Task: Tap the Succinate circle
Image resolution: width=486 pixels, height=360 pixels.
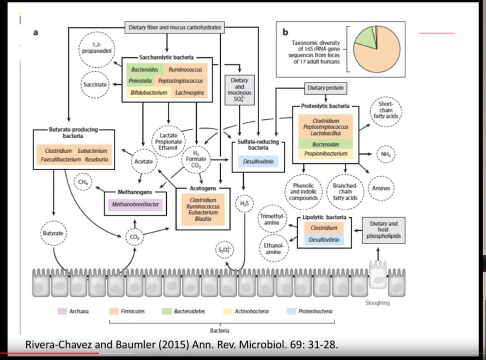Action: point(95,84)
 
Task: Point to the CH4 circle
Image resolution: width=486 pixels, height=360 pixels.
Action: point(83,182)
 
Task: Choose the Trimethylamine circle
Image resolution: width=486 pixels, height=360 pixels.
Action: point(272,218)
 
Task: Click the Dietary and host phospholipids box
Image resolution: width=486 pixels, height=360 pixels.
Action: point(383,231)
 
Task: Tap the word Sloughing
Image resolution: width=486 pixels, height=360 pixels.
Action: point(377,303)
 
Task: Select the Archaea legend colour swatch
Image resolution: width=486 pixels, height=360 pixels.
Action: point(62,311)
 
